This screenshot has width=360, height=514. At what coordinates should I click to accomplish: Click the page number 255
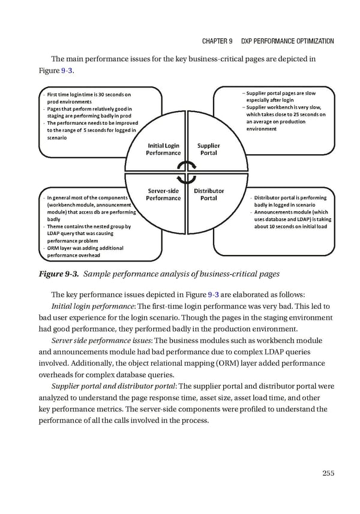tap(328, 473)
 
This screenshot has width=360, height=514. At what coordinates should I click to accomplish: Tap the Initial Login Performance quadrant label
tap(163, 149)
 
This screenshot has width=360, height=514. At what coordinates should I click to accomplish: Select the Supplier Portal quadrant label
tap(208, 149)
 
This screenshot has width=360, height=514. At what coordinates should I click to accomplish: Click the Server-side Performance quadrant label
tap(163, 194)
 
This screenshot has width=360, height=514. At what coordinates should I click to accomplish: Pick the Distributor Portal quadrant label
tap(208, 194)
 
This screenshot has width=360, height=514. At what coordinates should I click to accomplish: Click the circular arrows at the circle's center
tap(187, 172)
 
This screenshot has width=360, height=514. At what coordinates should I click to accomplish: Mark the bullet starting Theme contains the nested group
tap(88, 230)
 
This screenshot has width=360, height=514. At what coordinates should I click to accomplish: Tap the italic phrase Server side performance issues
tap(102, 341)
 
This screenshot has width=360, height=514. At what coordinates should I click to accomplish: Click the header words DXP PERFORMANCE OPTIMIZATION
tap(287, 41)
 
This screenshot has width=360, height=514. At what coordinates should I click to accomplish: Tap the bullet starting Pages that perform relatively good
tap(88, 112)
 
